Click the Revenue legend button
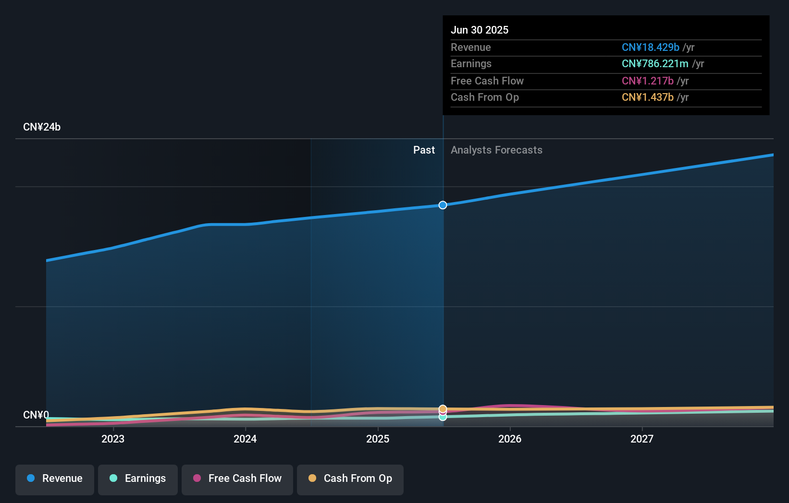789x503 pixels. [55, 479]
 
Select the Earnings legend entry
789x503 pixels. [138, 479]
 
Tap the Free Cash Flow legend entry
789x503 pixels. [237, 479]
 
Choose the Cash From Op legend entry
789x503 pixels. [350, 479]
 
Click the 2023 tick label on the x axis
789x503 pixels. [113, 439]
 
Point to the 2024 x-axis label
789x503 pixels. [245, 439]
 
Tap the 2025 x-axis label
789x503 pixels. [378, 439]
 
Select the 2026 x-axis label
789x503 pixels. [510, 439]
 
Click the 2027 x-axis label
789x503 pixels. [642, 439]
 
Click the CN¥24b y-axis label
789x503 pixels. [42, 127]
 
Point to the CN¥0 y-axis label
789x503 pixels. [36, 415]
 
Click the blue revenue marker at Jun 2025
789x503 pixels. [443, 205]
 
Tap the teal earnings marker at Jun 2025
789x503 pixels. [443, 417]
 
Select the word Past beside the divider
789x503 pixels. [424, 150]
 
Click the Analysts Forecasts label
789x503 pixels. [496, 150]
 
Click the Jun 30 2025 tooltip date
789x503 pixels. [480, 30]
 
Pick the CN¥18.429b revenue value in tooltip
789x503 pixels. [650, 47]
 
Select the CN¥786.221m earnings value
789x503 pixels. [655, 63]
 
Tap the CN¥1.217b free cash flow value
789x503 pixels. [647, 81]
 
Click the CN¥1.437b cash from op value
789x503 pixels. [647, 97]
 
